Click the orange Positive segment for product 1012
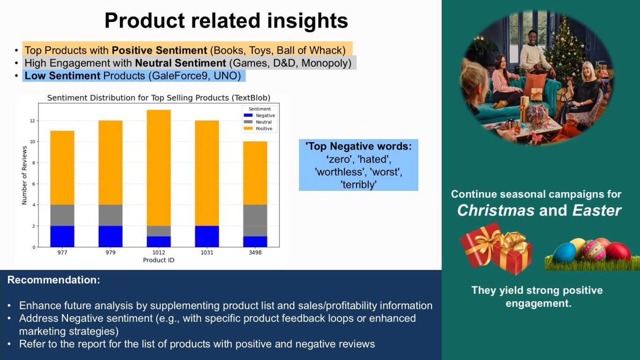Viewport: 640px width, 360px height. coord(158,168)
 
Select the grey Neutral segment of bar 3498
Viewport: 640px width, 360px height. coord(255,220)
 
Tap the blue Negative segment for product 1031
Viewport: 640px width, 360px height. coord(207,236)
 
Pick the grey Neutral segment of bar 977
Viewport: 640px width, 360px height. coord(62,215)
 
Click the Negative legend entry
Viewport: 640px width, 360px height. coord(260,115)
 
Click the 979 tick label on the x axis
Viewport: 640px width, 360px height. coord(111,253)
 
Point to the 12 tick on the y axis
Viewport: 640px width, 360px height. coord(33,120)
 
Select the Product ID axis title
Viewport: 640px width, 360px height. coord(158,260)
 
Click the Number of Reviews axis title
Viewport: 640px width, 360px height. coord(24,175)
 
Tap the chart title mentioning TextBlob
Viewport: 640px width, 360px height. coord(158,98)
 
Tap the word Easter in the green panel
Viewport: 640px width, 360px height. coord(596,210)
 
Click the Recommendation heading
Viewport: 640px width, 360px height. coord(54,280)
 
